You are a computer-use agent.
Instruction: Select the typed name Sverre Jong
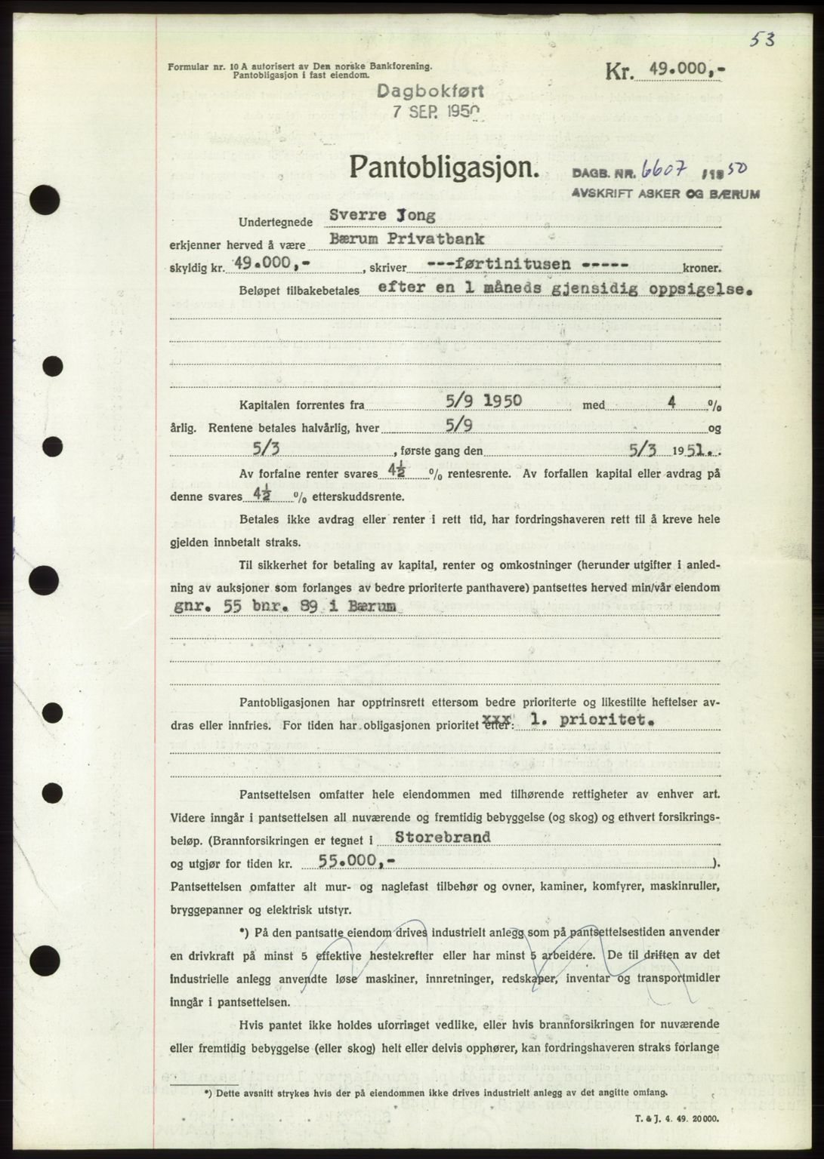pyautogui.click(x=382, y=216)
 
